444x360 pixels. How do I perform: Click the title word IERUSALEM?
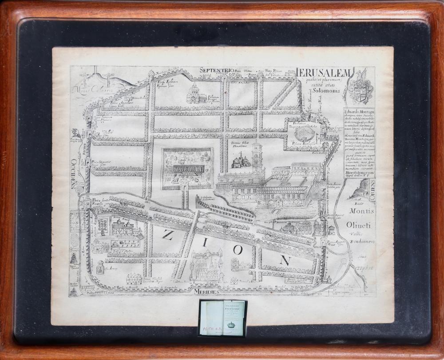(324, 73)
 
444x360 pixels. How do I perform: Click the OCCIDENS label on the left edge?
(73, 174)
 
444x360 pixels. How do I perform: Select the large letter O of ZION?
(238, 250)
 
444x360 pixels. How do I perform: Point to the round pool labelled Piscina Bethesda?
(304, 133)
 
